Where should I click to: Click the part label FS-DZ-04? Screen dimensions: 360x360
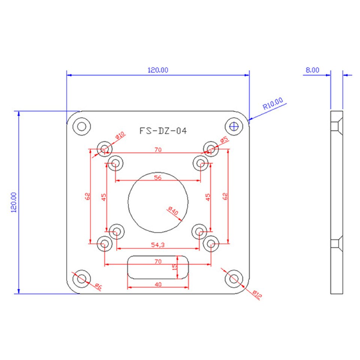163,131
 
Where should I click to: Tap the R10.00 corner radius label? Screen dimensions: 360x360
273,103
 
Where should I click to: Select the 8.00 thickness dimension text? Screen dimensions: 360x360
312,70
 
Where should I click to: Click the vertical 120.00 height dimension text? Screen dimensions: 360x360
14,202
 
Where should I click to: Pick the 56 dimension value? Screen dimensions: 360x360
158,177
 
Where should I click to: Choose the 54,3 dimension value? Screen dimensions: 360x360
158,245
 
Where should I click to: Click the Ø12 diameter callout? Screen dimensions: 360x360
256,295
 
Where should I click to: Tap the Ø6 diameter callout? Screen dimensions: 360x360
98,286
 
